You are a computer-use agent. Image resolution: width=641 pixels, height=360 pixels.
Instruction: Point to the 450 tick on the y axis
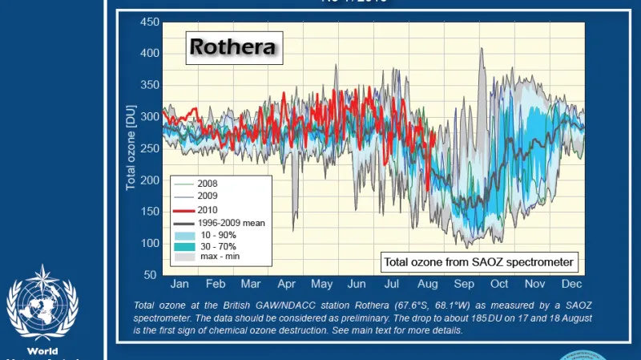click(x=150, y=22)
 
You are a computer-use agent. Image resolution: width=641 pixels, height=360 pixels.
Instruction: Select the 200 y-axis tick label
click(x=150, y=180)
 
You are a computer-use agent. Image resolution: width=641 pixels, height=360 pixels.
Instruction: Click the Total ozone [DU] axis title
click(x=131, y=148)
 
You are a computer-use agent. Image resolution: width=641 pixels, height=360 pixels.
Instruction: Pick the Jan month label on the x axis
click(x=179, y=285)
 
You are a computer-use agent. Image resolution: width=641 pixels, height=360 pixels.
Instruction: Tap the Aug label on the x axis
click(x=427, y=285)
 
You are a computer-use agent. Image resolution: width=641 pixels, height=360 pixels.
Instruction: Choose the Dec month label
click(x=571, y=285)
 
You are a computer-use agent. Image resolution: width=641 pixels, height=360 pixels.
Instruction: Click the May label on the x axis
click(x=321, y=285)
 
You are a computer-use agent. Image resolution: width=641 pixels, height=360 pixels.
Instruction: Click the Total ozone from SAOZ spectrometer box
click(x=478, y=262)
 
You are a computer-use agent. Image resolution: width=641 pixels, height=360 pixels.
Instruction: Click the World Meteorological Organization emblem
click(x=42, y=304)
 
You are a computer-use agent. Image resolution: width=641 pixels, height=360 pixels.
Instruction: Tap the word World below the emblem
click(x=42, y=352)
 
